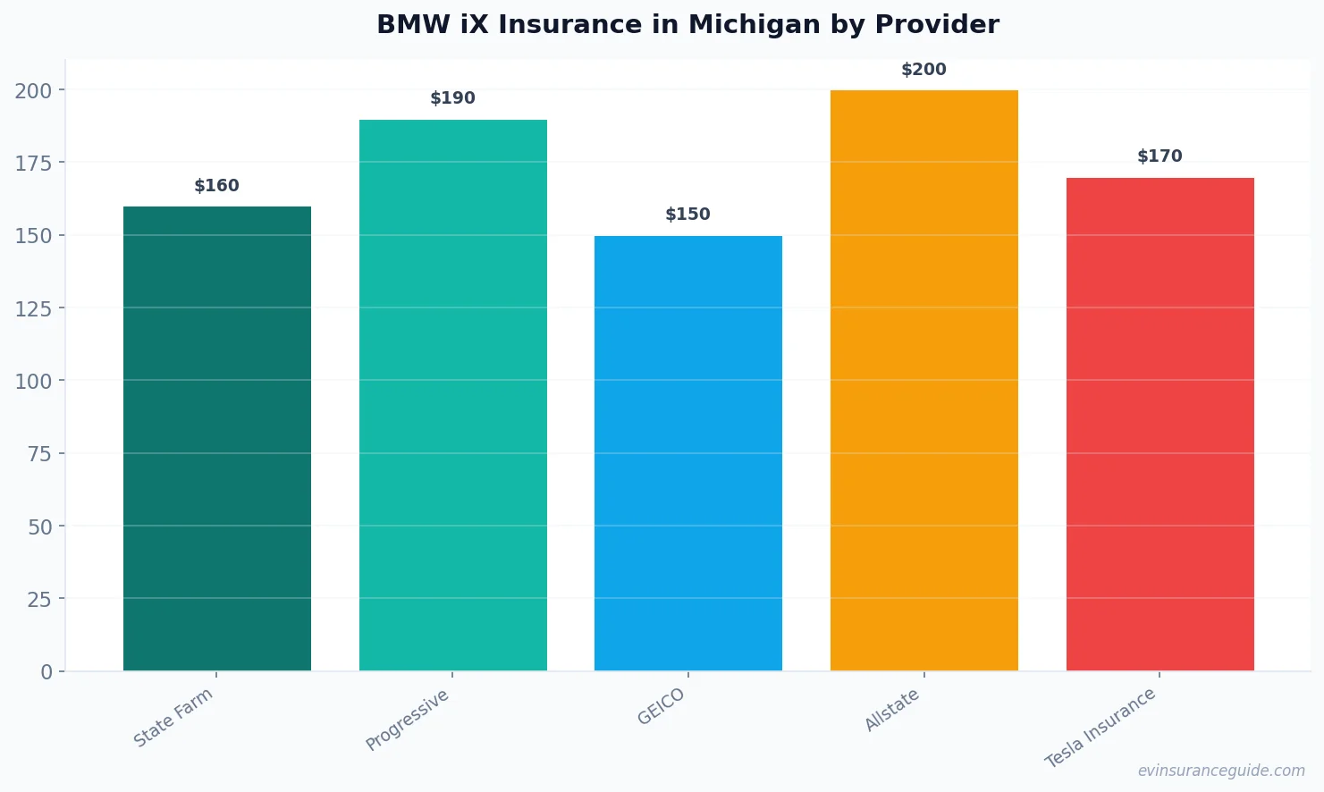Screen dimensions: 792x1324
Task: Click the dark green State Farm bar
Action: point(217,438)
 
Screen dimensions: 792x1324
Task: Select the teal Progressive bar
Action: point(453,395)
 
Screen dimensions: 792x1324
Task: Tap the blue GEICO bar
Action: point(688,453)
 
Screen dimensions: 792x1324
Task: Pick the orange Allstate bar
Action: point(923,380)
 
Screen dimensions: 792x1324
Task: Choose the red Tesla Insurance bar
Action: point(1160,424)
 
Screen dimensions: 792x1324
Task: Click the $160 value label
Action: point(217,186)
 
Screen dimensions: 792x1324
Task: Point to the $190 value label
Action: point(453,98)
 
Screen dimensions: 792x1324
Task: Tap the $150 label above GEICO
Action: point(688,215)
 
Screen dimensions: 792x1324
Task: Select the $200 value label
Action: point(923,70)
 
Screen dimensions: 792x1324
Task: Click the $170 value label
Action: point(1160,156)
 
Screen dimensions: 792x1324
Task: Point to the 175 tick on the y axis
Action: point(33,163)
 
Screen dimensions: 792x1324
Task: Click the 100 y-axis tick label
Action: point(33,381)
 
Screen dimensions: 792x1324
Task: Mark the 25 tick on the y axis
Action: point(39,599)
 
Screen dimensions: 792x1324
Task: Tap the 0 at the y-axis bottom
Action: point(46,672)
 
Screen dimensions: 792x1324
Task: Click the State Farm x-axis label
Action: point(173,717)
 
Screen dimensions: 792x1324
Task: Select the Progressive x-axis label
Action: point(408,720)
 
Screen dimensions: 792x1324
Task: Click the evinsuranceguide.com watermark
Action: point(1221,771)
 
